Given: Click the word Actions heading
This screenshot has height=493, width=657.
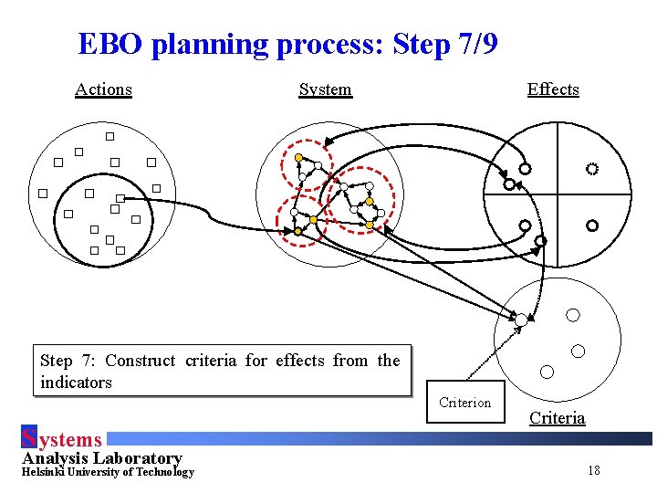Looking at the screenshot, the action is [103, 89].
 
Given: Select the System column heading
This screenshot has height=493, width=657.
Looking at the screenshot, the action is [325, 89].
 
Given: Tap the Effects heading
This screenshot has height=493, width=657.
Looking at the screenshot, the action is [553, 89].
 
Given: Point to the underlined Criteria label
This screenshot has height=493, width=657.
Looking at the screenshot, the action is [557, 418].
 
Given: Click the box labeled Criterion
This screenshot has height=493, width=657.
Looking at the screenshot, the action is [464, 403].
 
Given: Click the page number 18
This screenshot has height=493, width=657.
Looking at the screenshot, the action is [594, 471].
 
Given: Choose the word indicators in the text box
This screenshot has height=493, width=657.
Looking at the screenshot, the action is [76, 383].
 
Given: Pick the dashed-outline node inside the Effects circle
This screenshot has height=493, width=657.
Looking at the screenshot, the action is [592, 169].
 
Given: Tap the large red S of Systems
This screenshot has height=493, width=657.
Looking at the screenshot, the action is [28, 439].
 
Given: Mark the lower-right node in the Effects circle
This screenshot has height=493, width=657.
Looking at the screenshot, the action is [592, 225].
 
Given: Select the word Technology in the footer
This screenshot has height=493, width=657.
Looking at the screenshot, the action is [162, 472].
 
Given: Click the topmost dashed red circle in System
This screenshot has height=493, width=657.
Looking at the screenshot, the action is [301, 163].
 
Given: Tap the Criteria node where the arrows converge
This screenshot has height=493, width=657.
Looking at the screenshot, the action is [521, 320].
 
